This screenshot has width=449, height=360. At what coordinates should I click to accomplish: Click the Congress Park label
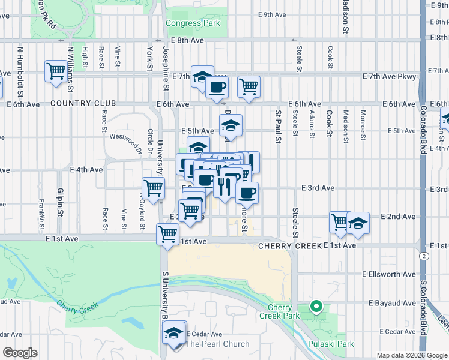[193, 23]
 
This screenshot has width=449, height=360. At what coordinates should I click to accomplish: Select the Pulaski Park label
[330, 344]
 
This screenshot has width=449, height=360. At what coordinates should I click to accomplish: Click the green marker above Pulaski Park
[315, 308]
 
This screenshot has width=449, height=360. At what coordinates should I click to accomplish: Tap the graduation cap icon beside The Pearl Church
[173, 332]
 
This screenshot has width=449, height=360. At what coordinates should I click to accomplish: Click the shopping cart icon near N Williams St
[56, 71]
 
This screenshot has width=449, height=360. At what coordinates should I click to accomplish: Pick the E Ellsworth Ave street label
[388, 274]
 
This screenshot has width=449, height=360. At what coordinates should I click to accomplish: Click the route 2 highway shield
[425, 256]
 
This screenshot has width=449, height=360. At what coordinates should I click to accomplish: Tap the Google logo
[20, 353]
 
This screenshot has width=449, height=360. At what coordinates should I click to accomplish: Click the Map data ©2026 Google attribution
[411, 355]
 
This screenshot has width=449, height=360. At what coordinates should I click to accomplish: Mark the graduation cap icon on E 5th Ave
[230, 125]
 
